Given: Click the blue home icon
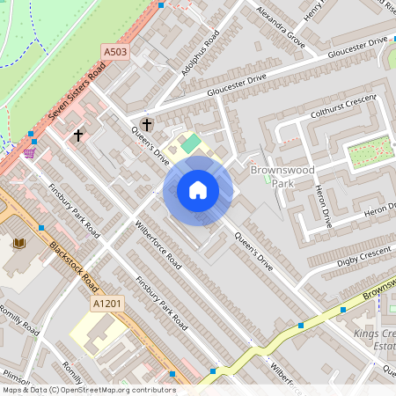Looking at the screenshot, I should [198, 190].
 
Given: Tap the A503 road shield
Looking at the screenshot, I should [114, 54].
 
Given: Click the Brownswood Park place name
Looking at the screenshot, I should [278, 176].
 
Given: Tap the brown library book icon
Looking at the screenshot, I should [20, 242].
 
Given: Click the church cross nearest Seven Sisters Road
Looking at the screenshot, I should [79, 136].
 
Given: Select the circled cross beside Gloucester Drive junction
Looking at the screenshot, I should [146, 124].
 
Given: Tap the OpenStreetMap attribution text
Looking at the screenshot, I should [88, 390].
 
